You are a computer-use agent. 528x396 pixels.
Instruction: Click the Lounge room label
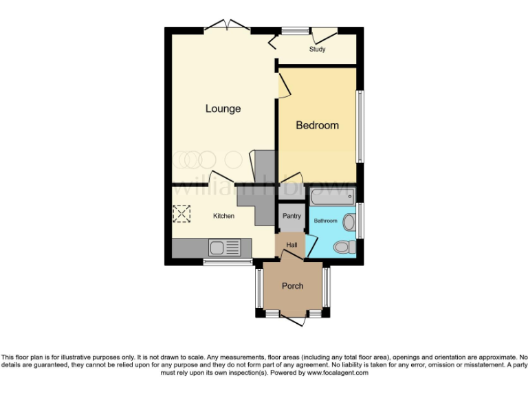coord(223,109)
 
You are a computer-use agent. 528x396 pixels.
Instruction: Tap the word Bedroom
coord(317,125)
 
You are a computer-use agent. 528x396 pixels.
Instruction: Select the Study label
coord(317,49)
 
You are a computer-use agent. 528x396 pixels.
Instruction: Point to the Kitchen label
coord(223,216)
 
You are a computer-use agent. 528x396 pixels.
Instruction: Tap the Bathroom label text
coord(326,221)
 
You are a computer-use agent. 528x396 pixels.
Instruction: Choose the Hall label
coord(291,244)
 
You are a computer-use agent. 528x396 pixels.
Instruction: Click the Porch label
coord(292,286)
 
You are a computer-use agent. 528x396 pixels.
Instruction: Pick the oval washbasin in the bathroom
coord(349,221)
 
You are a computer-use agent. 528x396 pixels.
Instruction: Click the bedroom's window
coord(360,126)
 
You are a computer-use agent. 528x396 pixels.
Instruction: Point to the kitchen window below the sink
coord(228,262)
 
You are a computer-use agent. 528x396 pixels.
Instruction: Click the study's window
coord(295,30)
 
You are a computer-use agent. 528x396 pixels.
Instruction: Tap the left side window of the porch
coord(258,287)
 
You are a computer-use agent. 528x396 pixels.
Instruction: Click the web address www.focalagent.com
coord(337,373)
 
